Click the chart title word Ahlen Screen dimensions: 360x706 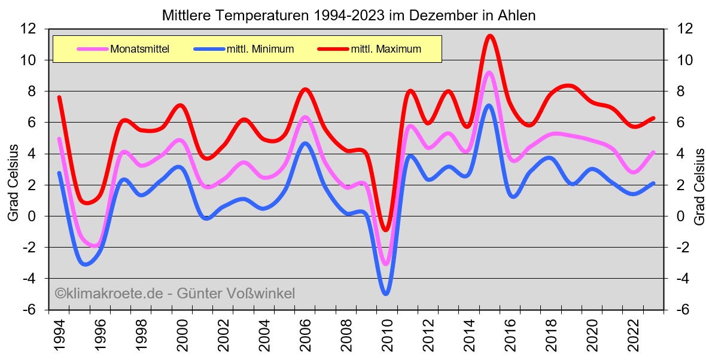tap(516, 15)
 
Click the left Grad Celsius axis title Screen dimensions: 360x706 tap(13, 182)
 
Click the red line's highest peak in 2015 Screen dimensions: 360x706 tap(490, 36)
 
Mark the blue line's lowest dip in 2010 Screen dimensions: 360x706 tap(386, 294)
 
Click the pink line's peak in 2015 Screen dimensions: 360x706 tap(489, 72)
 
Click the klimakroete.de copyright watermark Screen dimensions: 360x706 tap(175, 294)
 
